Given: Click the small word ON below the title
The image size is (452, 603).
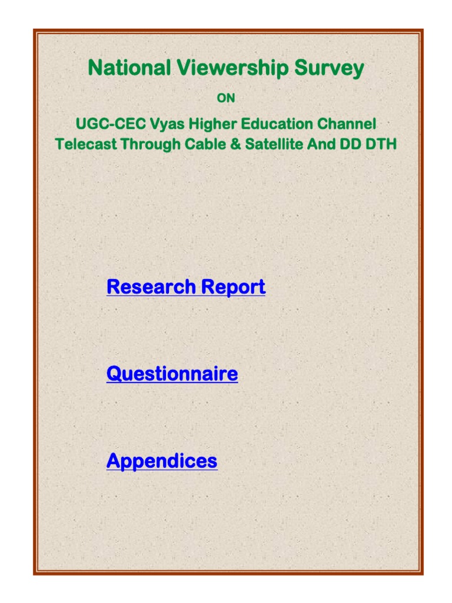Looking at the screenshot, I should coord(226,98).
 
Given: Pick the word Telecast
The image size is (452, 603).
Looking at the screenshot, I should coord(85,144).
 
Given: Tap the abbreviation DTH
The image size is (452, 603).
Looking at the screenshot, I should coord(382,144).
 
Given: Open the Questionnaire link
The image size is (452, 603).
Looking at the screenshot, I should coord(172,374).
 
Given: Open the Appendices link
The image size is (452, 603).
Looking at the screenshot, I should coord(162,460).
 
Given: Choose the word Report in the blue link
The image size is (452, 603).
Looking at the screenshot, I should coord(233,287).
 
